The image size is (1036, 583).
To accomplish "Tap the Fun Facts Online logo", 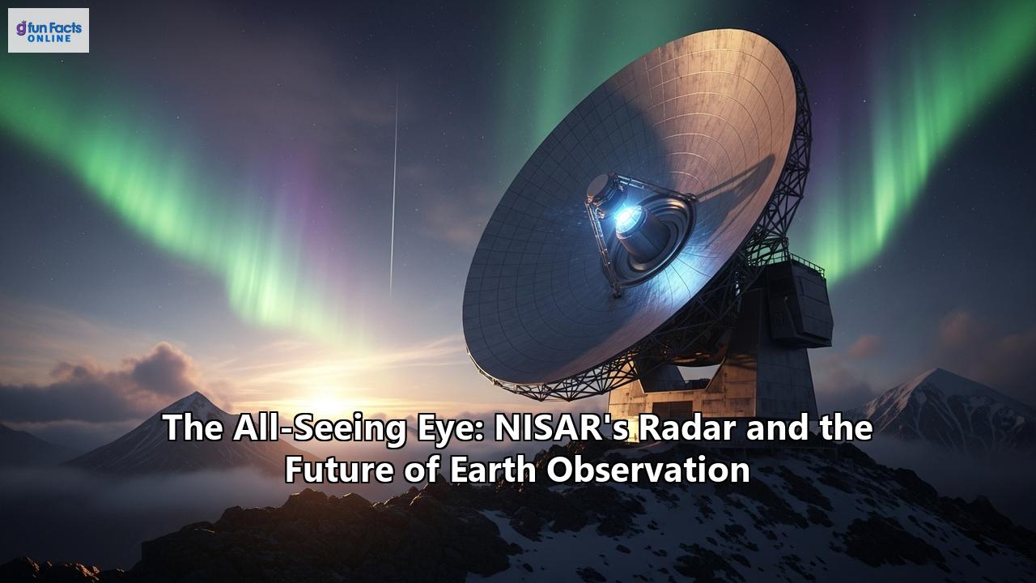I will click(49, 31).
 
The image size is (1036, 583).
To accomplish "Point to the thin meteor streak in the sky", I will click(394, 186).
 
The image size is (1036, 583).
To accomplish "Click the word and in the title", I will click(774, 428).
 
